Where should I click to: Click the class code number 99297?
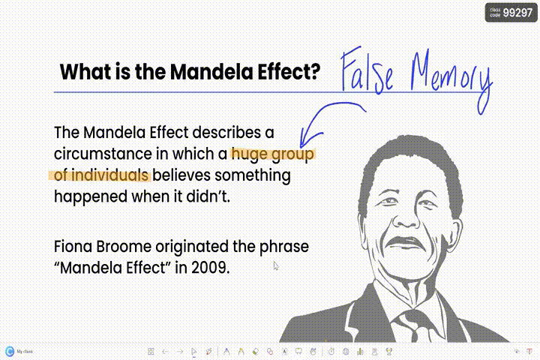[517, 13]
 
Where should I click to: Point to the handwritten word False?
[367, 70]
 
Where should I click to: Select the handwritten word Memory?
[451, 79]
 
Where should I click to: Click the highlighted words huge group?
[273, 154]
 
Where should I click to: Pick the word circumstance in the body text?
[103, 154]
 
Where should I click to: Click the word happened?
[91, 196]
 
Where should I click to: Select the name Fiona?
[73, 247]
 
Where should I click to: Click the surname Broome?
[124, 247]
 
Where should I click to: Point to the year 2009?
[211, 268]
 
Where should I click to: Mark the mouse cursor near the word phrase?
[276, 265]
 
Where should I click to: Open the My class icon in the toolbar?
[10, 352]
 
